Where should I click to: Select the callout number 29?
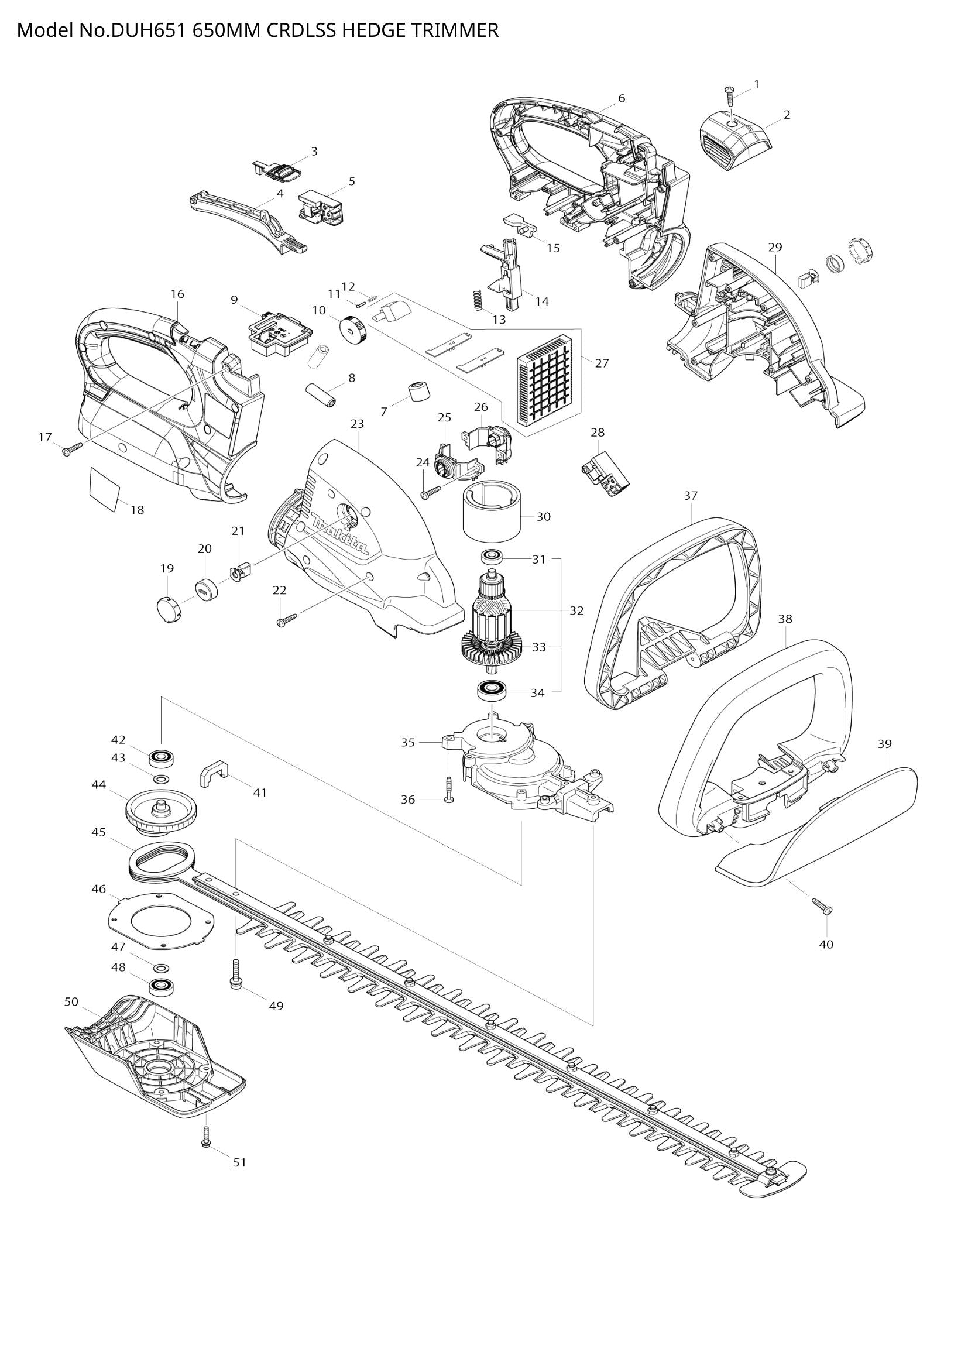click(775, 247)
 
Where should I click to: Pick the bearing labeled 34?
click(492, 692)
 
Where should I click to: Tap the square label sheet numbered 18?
click(104, 488)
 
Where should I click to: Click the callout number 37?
click(690, 496)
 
